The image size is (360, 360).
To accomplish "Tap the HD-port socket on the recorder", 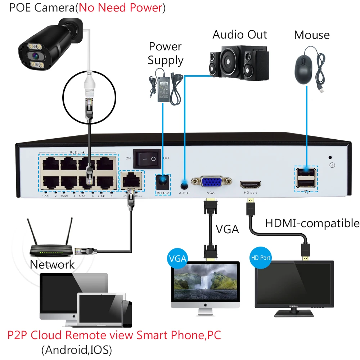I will tap(251, 184).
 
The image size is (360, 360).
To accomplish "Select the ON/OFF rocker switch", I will tap(147, 158).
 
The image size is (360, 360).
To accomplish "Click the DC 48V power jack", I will tap(163, 182).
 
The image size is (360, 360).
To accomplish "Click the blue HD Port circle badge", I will tap(260, 258).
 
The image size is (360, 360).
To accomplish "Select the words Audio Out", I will tap(240, 35).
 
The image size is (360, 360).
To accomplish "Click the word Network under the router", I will tap(52, 265).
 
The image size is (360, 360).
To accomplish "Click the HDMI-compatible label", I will tap(312, 224).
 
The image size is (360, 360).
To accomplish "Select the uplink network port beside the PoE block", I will tap(131, 179).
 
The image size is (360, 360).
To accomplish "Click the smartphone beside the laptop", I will tap(127, 314).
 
